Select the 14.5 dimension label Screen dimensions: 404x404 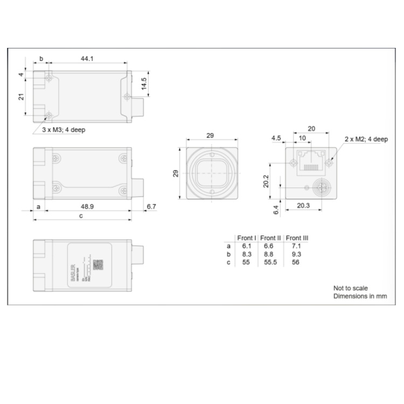144,84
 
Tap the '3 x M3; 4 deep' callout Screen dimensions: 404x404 64,130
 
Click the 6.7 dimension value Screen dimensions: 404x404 151,206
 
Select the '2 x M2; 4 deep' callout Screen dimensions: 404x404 366,139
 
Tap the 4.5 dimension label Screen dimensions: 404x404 276,138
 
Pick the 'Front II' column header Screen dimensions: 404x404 271,238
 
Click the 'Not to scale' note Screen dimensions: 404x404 350,288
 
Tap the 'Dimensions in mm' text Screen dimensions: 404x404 360,296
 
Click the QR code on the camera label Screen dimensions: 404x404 98,264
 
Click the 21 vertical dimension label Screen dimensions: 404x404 21,96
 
